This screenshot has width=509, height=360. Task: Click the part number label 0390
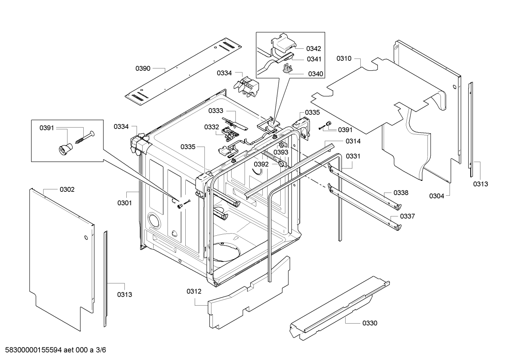143,68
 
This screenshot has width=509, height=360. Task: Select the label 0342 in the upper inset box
313,48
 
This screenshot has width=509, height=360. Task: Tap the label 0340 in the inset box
316,74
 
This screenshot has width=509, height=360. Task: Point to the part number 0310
344,58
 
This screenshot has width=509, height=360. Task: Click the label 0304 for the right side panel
437,196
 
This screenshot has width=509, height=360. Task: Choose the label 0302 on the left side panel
67,190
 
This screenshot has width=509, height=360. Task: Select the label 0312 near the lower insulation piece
194,291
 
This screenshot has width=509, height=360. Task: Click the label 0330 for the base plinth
370,323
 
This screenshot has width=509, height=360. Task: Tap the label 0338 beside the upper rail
401,193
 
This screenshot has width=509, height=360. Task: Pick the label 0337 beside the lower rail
407,216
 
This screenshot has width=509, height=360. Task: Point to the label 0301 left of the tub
125,203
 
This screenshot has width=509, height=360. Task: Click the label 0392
261,164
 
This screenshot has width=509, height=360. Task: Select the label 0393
281,152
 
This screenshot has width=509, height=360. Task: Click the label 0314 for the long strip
353,141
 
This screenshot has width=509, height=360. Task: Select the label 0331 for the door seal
353,156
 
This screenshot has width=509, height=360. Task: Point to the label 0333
216,111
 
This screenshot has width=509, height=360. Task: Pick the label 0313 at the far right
480,184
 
